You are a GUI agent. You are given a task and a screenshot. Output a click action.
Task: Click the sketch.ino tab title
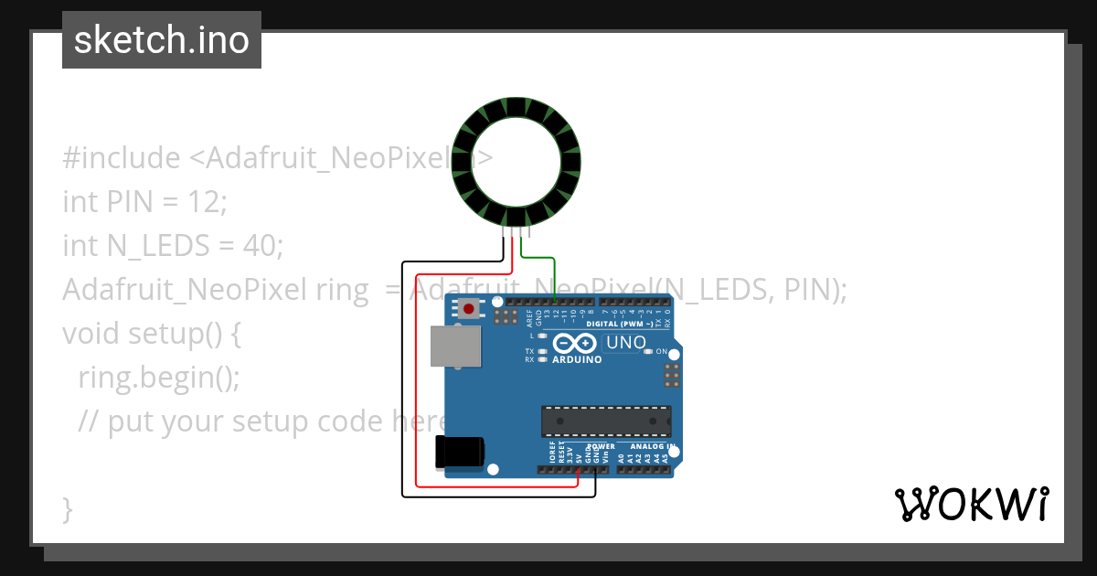[x=162, y=40]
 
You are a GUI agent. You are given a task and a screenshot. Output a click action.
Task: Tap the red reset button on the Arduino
[x=469, y=309]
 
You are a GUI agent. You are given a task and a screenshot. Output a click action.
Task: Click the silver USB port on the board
[x=455, y=347]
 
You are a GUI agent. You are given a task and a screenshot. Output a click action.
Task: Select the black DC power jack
[x=459, y=452]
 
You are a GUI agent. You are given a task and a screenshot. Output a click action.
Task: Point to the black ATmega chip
[x=606, y=421]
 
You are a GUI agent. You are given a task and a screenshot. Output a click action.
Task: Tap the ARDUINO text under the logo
[x=577, y=360]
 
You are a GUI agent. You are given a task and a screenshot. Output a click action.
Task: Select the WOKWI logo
[x=971, y=504]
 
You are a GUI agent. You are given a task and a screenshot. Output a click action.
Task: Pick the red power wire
[x=417, y=384]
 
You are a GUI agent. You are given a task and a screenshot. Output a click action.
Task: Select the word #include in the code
[x=122, y=158]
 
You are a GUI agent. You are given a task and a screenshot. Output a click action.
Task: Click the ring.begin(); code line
[x=159, y=377]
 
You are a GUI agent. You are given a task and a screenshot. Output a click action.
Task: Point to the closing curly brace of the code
[x=67, y=508]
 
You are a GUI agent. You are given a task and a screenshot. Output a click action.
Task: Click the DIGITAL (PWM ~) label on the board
[x=625, y=325]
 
